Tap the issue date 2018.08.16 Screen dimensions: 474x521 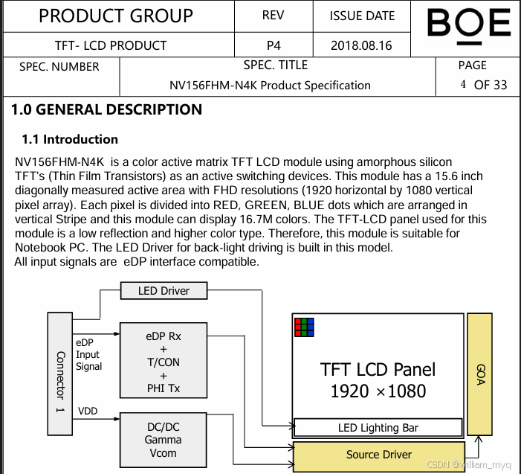(361, 45)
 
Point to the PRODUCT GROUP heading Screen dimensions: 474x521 (115, 16)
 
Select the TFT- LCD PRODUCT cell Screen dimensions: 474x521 (111, 45)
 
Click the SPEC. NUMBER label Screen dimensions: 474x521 (59, 67)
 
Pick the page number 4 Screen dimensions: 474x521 (463, 84)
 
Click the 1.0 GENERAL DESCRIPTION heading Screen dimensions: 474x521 (106, 110)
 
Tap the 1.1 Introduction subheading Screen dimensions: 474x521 (70, 139)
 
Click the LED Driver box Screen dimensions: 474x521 (164, 290)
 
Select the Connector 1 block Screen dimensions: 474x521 (61, 374)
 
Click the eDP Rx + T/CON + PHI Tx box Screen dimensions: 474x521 (164, 362)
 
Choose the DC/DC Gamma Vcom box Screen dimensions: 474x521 (164, 440)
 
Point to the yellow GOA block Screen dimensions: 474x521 (479, 374)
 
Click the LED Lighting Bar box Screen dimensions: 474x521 (378, 428)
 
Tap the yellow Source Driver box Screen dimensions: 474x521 (378, 455)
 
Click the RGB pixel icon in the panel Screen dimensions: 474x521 (304, 327)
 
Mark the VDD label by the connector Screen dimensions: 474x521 (88, 411)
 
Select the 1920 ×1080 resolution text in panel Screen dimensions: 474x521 (378, 391)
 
